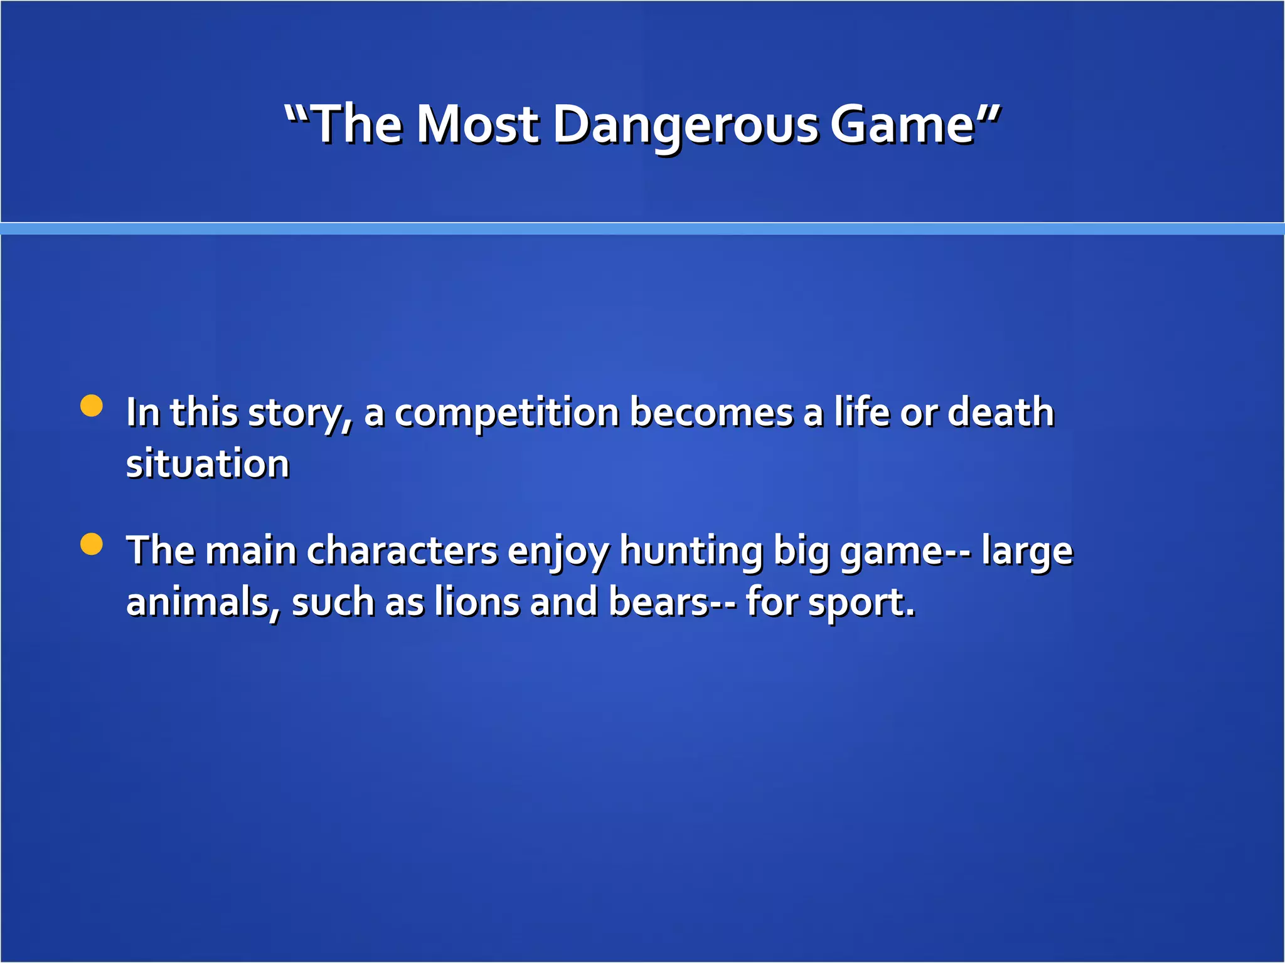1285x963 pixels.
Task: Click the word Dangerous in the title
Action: (x=685, y=125)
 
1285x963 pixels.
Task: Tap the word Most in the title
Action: (x=477, y=124)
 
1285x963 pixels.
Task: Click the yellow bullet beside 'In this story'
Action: (x=92, y=406)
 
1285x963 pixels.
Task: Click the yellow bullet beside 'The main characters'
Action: (x=92, y=544)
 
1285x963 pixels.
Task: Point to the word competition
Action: (x=507, y=414)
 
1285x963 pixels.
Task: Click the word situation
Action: (x=208, y=464)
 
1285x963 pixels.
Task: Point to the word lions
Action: (x=477, y=602)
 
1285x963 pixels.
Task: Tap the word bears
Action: (x=659, y=602)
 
